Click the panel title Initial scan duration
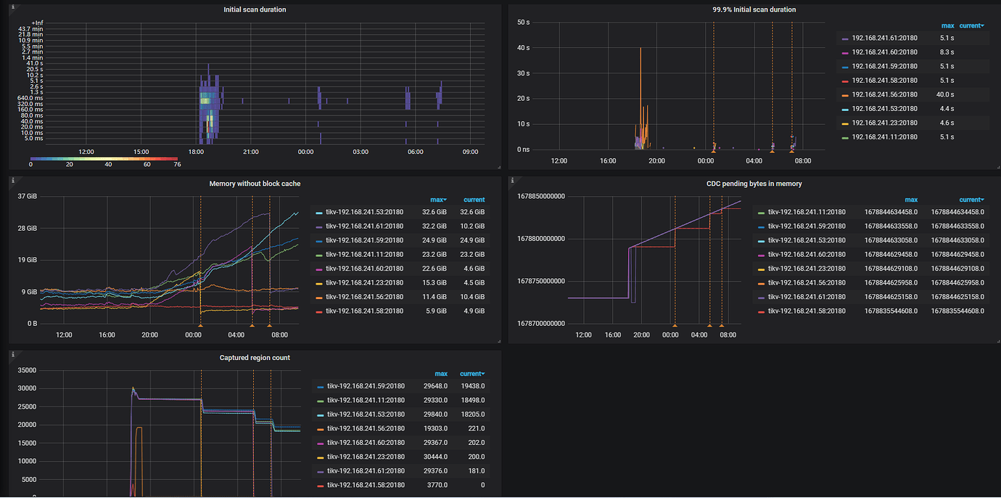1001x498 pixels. pos(255,9)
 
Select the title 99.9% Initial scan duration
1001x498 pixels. pos(754,9)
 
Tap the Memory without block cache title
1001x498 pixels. pos(255,184)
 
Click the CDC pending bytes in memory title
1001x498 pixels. pos(754,184)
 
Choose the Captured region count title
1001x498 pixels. pos(255,357)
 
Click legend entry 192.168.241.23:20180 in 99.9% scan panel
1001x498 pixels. pos(884,123)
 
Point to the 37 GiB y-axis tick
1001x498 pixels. pos(27,197)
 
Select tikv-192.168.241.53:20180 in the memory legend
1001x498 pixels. pos(364,212)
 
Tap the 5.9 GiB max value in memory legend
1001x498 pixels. pos(434,311)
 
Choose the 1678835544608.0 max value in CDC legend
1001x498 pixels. pos(888,311)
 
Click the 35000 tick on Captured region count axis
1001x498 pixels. pos(26,370)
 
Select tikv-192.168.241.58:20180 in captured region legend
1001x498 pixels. pos(366,485)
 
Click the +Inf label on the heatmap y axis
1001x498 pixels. pos(37,23)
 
